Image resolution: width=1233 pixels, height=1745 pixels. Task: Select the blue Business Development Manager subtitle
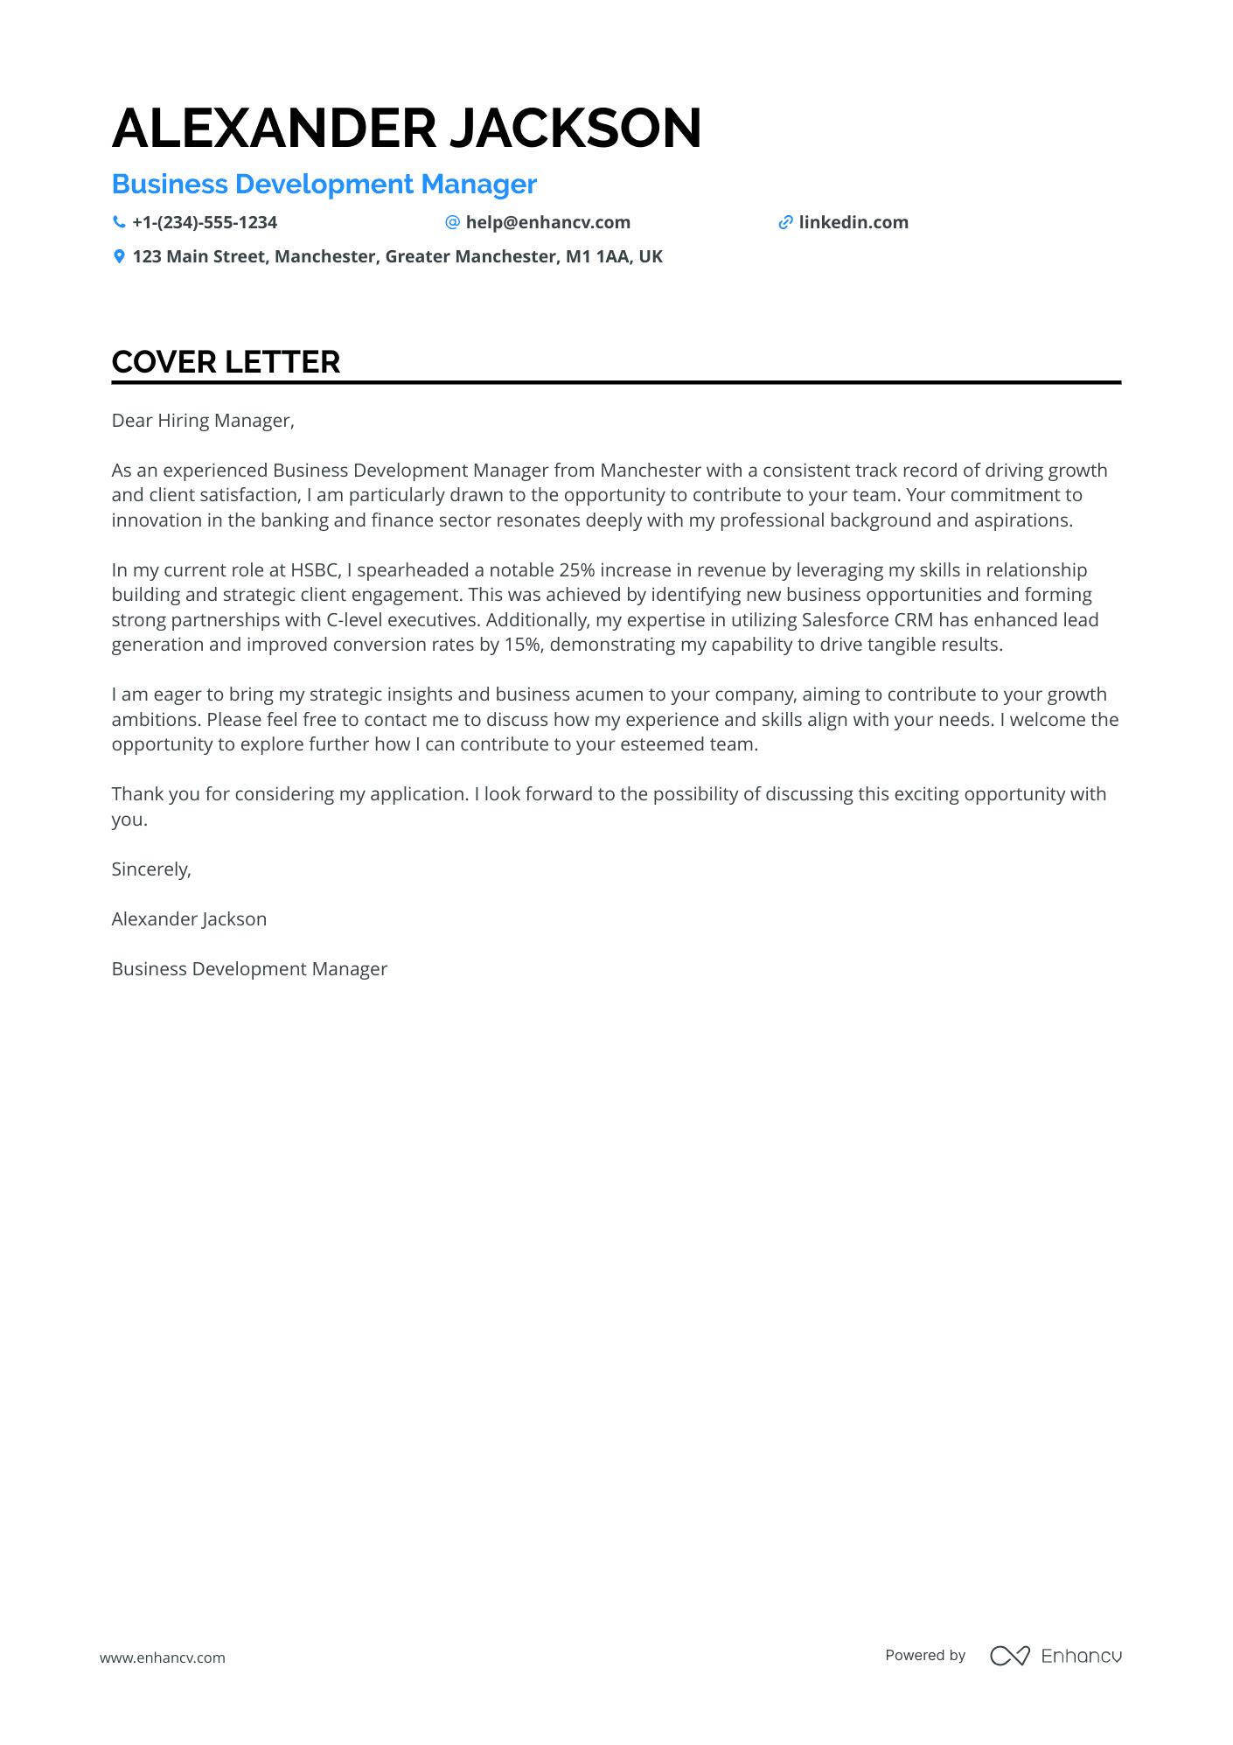324,185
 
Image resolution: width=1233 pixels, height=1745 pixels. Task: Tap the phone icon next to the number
119,222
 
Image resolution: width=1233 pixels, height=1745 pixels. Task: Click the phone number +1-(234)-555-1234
205,222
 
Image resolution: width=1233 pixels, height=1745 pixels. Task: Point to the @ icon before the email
452,222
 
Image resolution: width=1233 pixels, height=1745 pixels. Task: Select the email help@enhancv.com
547,222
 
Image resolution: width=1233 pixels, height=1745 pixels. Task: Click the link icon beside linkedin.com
785,222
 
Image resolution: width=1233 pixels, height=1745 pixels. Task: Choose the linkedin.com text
853,222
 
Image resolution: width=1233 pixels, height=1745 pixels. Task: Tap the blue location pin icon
119,256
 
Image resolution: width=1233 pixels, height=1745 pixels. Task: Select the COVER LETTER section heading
226,362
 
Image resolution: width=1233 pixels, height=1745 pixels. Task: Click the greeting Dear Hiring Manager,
203,421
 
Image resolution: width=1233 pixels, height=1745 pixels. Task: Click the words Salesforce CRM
867,620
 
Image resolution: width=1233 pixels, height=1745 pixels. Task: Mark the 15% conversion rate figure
522,645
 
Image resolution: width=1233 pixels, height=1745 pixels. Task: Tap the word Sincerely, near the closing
151,869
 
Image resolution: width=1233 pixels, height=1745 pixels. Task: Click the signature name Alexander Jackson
189,919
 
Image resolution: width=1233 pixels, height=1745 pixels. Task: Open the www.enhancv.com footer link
163,1658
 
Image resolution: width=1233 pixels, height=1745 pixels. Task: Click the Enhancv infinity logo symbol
1009,1656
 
